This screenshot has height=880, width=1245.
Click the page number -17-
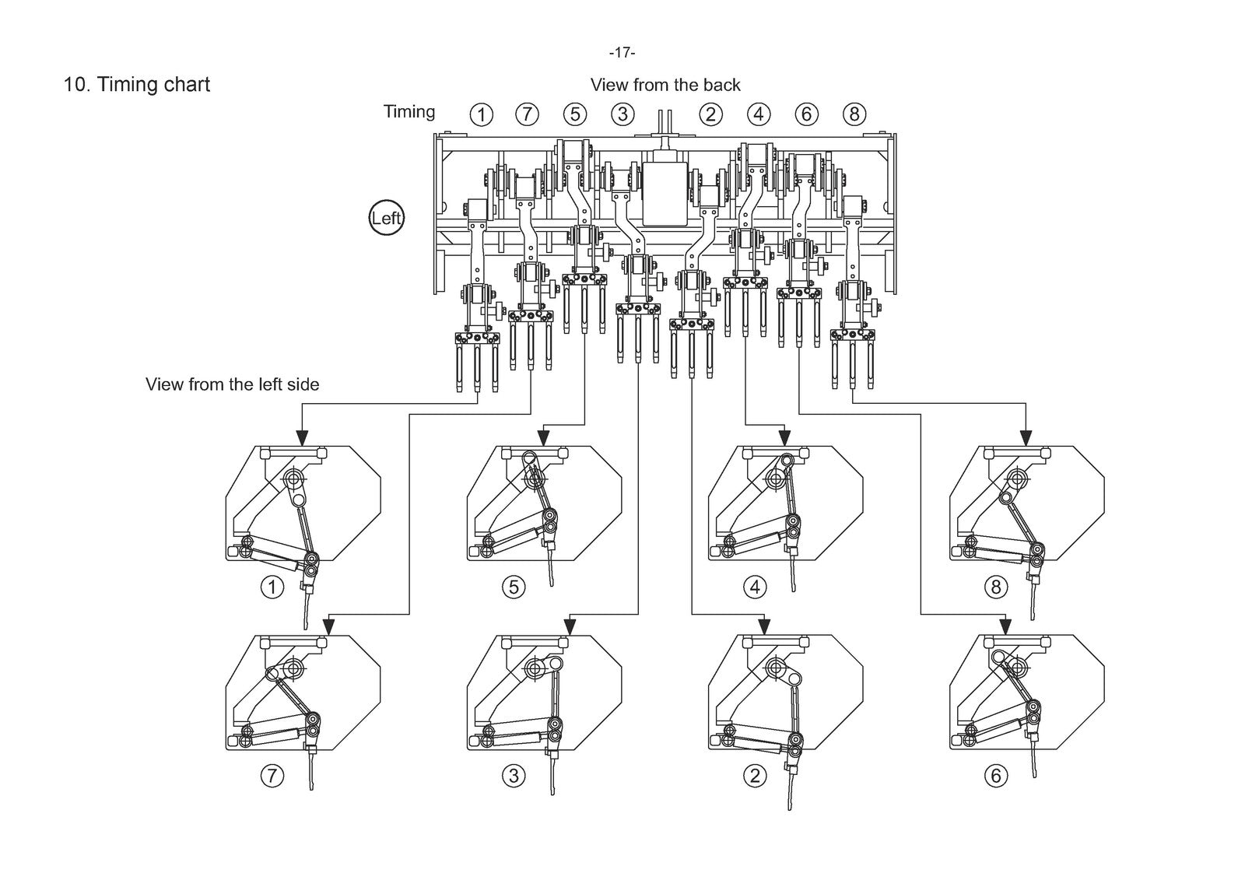622,53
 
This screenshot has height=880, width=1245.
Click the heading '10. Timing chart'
137,85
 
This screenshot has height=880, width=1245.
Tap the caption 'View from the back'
665,85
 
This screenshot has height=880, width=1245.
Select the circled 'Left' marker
387,217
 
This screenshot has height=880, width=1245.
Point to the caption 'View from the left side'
233,384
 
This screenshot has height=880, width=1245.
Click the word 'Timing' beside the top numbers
409,112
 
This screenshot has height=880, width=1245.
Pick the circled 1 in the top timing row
482,115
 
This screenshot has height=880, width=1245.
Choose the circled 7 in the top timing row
527,114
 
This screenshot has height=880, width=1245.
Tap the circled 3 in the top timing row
622,114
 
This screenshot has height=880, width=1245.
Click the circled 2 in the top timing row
710,114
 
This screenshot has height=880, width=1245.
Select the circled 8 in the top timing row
854,114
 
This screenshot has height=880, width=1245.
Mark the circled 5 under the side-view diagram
514,587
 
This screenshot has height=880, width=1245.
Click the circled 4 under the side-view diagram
755,587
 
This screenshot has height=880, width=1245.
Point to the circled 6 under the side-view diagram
996,776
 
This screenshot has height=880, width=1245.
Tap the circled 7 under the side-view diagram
272,776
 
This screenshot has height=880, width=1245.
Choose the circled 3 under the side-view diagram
514,776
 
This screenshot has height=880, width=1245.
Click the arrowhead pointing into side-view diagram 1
302,437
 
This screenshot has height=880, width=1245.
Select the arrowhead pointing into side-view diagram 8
1026,437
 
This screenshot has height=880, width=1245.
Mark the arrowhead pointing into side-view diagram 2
764,626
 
